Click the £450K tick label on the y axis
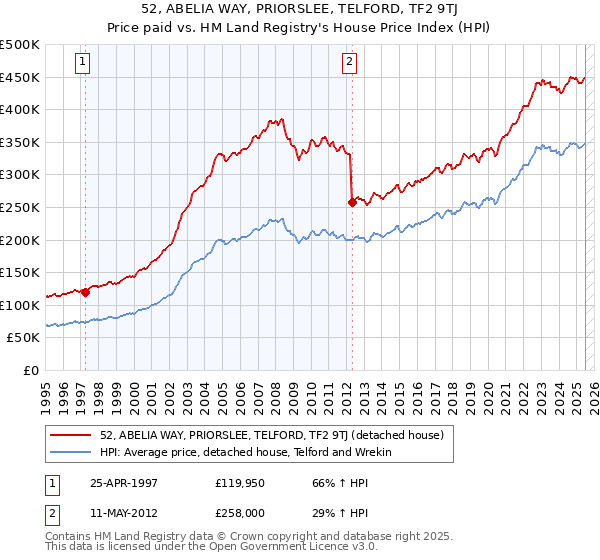pyautogui.click(x=20, y=78)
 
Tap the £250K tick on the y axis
pyautogui.click(x=20, y=208)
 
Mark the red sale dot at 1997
pyautogui.click(x=85, y=293)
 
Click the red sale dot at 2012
pyautogui.click(x=351, y=203)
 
